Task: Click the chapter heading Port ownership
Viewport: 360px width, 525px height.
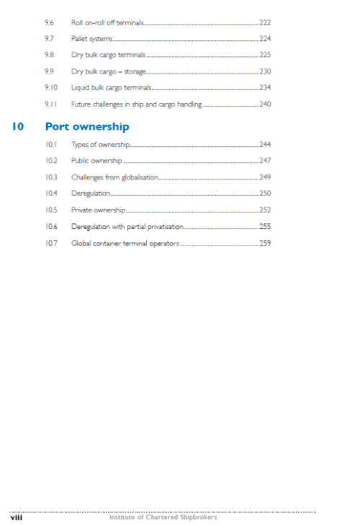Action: (x=87, y=127)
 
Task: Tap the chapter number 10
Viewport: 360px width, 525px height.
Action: (x=19, y=127)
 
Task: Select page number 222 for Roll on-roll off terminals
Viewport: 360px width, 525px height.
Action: (x=265, y=24)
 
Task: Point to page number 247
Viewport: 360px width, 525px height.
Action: (x=265, y=161)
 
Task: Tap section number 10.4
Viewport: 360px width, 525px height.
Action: (x=50, y=193)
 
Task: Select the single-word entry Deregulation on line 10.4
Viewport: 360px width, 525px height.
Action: (x=91, y=193)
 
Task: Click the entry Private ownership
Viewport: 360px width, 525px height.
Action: (x=98, y=210)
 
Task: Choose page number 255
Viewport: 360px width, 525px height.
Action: (x=265, y=226)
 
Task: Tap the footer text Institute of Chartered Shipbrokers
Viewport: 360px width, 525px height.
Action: (x=163, y=516)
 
